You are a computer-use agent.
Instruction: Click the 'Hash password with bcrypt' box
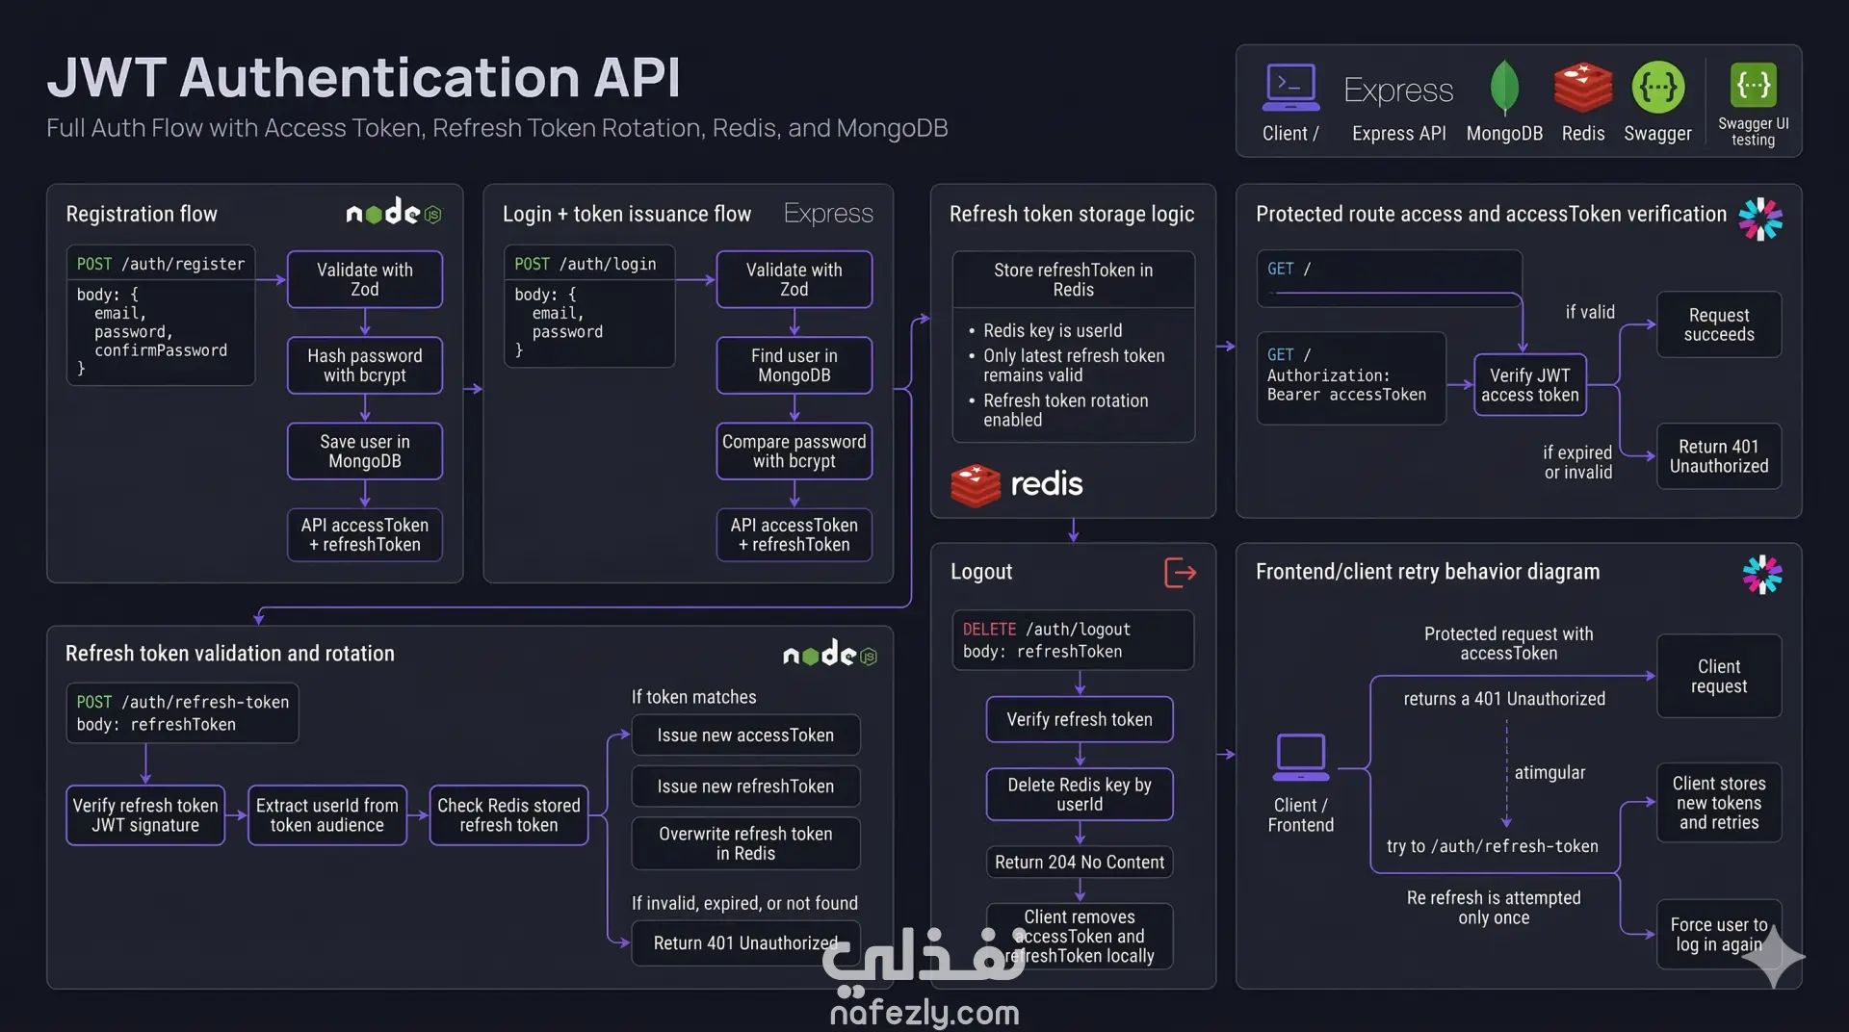(364, 366)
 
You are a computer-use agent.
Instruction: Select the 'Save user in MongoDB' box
(364, 451)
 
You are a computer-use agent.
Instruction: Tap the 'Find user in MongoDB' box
(794, 366)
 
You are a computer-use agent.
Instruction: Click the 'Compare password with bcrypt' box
(794, 451)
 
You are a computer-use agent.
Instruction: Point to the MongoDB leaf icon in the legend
(1503, 89)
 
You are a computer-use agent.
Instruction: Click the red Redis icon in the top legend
(1582, 89)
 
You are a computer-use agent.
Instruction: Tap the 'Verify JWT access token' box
(1529, 385)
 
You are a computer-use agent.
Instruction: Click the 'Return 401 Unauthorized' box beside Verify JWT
(1718, 456)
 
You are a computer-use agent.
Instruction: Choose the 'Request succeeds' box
(1718, 325)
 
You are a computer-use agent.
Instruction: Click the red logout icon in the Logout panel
(1180, 573)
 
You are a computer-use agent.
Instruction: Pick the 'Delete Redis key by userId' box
(1079, 794)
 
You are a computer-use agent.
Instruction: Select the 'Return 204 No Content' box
(1079, 863)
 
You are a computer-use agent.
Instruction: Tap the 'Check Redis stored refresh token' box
(508, 815)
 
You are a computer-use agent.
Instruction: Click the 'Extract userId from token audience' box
(326, 815)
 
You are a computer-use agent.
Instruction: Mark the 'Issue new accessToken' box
(745, 735)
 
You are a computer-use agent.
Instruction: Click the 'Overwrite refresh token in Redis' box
(745, 843)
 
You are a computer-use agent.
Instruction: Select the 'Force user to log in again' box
(1718, 935)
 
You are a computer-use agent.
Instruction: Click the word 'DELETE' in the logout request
(989, 630)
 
